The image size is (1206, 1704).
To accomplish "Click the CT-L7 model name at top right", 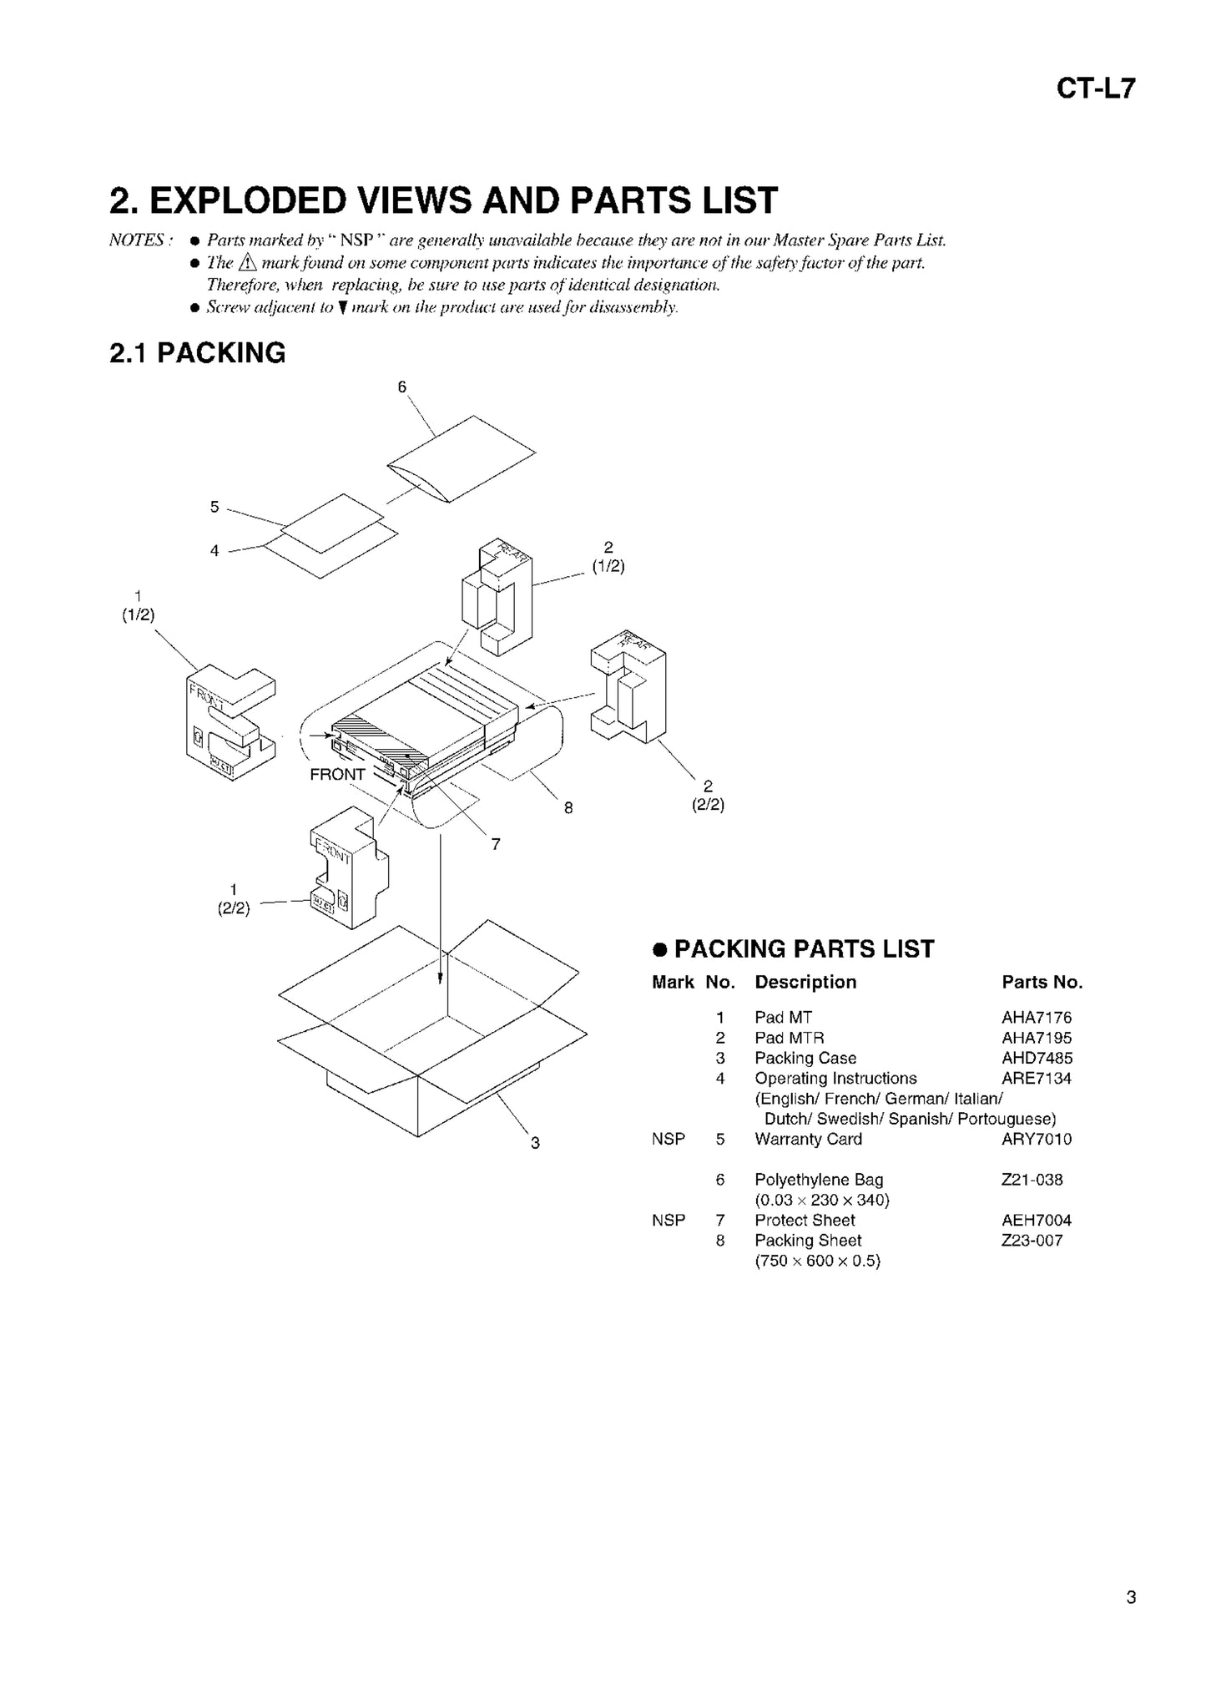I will pos(1095,88).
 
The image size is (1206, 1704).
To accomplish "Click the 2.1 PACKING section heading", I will pos(197,353).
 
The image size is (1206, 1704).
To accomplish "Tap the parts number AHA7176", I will pos(1036,1017).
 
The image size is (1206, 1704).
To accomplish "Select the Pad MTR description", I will pos(789,1038).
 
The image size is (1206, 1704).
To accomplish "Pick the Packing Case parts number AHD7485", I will pos(1037,1058).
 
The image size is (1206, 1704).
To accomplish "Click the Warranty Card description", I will pos(808,1139).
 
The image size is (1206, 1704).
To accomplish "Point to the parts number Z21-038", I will pos(1032,1180).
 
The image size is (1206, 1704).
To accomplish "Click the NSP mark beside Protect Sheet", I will pos(668,1220).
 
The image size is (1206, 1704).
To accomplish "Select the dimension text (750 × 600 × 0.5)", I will pos(817,1261).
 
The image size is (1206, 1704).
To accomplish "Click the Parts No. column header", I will pos(1042,982).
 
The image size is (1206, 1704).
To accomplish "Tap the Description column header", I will pos(805,982).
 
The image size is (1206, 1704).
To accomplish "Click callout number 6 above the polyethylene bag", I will pos(401,387).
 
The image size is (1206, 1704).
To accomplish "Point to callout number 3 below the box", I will pos(535,1143).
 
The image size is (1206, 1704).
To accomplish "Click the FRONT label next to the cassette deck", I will pos(337,774).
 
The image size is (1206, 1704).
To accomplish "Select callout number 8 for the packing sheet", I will pos(568,807).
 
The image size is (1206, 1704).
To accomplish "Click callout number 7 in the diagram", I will pos(496,844).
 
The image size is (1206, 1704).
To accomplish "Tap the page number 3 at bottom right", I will pos(1130,1598).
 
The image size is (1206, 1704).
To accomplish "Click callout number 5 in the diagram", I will pos(214,507).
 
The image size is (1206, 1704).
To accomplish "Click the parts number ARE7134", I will pos(1036,1078).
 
